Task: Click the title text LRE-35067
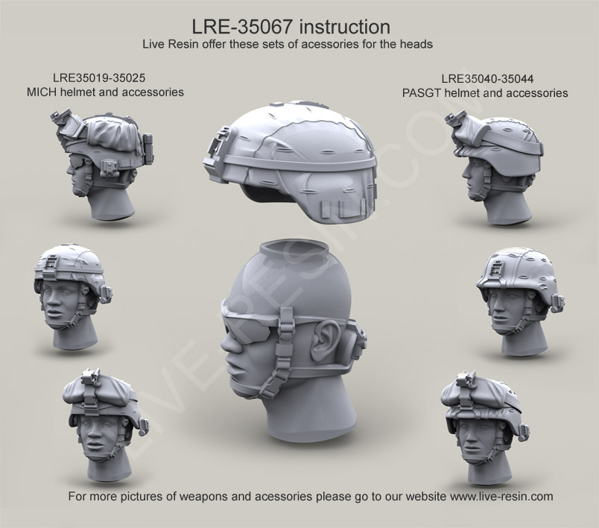pos(247,28)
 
